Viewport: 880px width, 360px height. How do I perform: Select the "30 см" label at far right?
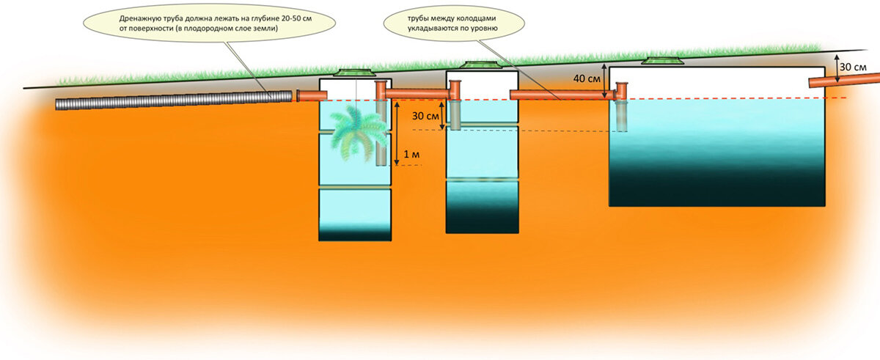[854, 67]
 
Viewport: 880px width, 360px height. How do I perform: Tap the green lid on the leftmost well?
[355, 73]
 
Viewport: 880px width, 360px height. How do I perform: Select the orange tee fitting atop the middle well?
[455, 90]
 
